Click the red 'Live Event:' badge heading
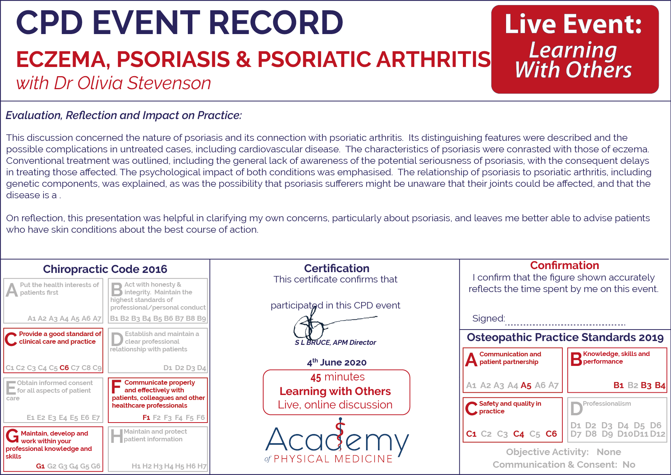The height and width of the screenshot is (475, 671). click(573, 24)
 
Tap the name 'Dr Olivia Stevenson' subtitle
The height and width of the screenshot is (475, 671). click(132, 83)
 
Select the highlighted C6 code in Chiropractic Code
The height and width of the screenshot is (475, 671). click(64, 368)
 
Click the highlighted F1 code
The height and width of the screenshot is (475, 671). click(146, 418)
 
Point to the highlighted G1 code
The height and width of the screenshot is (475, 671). click(41, 466)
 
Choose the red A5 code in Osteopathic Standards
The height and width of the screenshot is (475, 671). click(526, 385)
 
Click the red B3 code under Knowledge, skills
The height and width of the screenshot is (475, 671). click(646, 385)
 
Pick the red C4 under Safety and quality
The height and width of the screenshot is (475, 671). click(519, 434)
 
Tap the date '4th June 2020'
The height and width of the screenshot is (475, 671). click(337, 362)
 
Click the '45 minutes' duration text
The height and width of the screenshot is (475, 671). click(337, 377)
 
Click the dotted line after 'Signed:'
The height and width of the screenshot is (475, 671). click(565, 325)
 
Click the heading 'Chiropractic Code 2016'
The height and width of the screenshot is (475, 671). click(105, 269)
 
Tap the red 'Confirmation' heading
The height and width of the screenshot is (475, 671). click(565, 265)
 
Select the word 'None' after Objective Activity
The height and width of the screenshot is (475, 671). click(609, 452)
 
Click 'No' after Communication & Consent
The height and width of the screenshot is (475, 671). click(629, 465)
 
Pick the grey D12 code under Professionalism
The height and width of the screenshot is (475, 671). click(658, 434)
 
